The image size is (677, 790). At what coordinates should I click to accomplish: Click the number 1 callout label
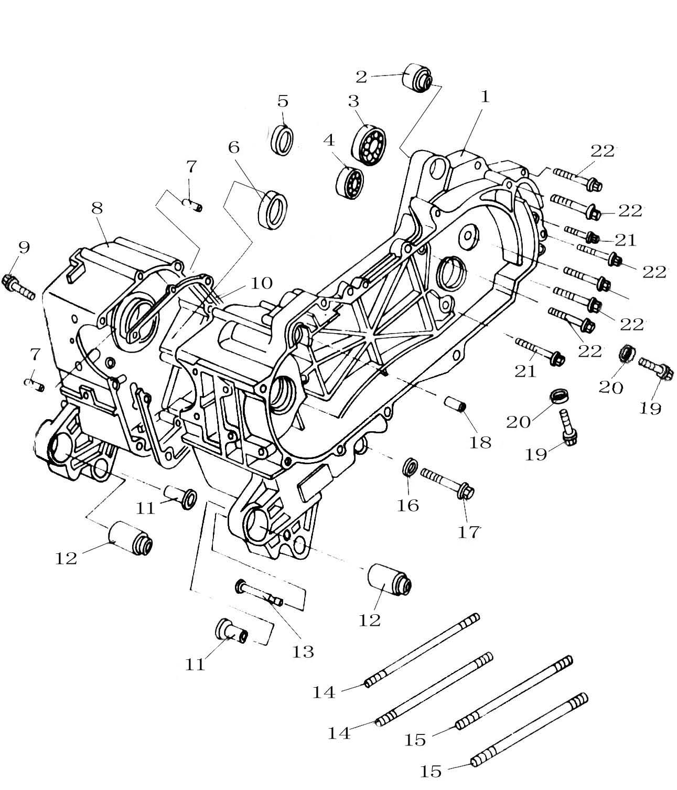coord(484,97)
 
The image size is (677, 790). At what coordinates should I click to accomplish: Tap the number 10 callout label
coord(261,284)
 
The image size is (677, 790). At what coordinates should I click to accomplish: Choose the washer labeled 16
coord(411,466)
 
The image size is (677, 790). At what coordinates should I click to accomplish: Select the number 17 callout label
coord(468,531)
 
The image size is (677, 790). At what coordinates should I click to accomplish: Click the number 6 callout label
coord(233,147)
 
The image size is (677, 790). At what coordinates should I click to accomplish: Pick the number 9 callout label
coord(24,248)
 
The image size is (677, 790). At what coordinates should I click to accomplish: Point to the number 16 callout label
coord(408,505)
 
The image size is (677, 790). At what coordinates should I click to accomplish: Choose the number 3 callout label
coord(353,101)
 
